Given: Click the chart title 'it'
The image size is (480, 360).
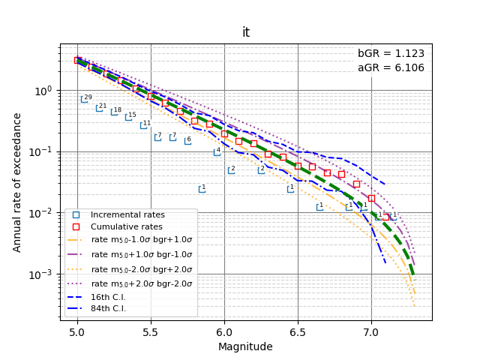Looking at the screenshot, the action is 246,32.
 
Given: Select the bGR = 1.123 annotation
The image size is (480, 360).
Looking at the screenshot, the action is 391,53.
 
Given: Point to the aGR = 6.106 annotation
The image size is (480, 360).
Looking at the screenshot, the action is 391,67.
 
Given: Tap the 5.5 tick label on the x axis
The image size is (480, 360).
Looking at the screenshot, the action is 151,332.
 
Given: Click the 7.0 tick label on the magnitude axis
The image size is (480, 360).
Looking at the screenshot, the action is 371,332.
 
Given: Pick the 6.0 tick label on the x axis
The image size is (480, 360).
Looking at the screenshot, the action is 224,332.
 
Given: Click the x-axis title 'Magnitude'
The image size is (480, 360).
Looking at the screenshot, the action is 245,346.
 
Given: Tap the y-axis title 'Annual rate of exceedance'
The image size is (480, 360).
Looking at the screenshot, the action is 16,182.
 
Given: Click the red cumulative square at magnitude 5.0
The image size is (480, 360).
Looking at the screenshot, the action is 77,60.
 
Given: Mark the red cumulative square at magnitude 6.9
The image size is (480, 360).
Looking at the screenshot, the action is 356,184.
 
